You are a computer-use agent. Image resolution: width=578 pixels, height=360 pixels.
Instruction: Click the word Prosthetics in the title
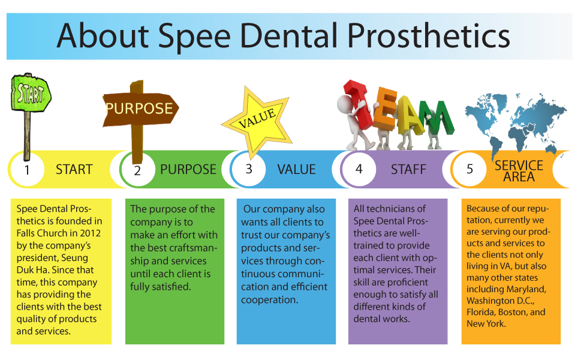[429, 36]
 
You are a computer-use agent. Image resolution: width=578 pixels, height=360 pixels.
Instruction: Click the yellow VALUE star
[258, 120]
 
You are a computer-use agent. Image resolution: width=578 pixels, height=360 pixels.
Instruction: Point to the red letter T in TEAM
[359, 104]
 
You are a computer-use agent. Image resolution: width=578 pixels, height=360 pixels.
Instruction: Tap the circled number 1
[26, 170]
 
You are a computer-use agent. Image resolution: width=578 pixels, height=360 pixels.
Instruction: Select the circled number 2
[137, 170]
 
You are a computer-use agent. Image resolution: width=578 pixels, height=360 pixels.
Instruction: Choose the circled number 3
[249, 169]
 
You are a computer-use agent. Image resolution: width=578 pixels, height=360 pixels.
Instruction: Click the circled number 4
[359, 169]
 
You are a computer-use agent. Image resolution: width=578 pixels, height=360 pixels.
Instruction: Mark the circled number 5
[469, 169]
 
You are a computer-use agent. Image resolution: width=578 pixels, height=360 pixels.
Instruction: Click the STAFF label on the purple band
[408, 169]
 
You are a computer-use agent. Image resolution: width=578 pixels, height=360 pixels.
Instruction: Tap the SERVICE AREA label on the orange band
[519, 171]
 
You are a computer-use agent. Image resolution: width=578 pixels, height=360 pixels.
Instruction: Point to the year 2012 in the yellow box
[91, 233]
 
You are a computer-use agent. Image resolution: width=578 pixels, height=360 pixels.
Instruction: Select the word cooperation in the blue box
[269, 300]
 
